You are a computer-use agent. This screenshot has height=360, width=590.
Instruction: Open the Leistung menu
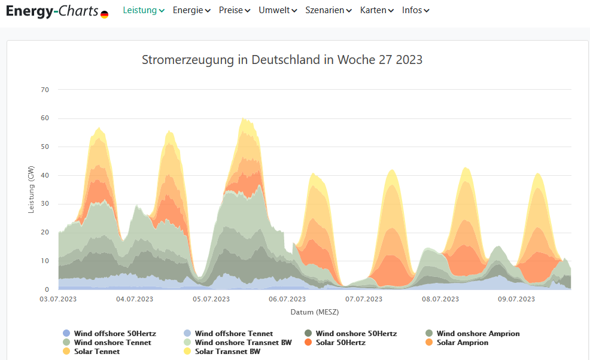[144, 10]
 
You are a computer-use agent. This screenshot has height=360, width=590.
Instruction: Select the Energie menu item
[191, 10]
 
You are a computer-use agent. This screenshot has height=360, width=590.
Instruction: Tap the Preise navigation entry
[235, 10]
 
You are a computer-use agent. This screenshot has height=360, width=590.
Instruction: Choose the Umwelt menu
[278, 10]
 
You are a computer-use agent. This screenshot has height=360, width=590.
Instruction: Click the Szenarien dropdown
[329, 10]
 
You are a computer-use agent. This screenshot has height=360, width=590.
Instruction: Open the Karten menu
[377, 10]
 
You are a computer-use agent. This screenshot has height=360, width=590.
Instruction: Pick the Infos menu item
[416, 10]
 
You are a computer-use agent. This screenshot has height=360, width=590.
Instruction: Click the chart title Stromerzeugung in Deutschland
[282, 60]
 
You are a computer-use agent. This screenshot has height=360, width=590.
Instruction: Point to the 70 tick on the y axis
[45, 90]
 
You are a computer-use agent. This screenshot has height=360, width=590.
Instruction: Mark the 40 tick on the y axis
[45, 175]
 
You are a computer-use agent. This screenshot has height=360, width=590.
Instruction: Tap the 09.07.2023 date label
[516, 298]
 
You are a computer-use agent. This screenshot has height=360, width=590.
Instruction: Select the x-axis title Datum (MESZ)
[315, 312]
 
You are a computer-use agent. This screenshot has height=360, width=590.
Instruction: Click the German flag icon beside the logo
[105, 14]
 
